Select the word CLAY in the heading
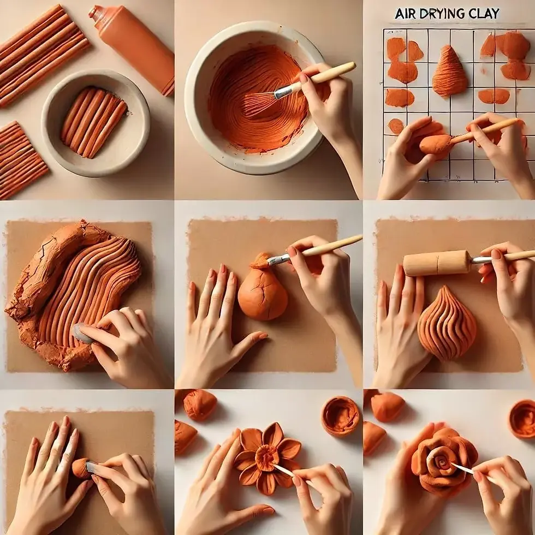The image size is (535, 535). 483,13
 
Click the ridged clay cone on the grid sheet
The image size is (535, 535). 450,72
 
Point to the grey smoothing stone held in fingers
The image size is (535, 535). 83,333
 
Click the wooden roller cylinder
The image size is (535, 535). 437,263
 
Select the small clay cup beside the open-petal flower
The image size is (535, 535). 340,415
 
